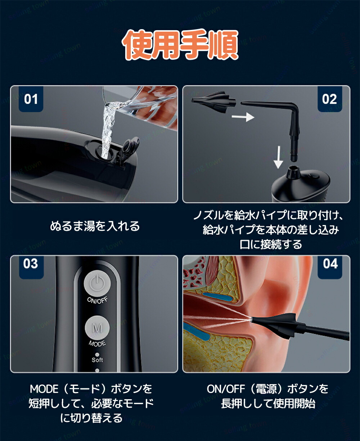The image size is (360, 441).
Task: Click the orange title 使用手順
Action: pyautogui.click(x=180, y=45)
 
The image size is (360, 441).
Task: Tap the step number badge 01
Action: pyautogui.click(x=31, y=99)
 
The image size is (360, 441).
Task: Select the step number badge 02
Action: pyautogui.click(x=329, y=99)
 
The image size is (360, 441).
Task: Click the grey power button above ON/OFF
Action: pyautogui.click(x=98, y=284)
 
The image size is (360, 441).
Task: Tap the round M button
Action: pyautogui.click(x=97, y=328)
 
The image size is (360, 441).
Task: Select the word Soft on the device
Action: pyautogui.click(x=97, y=360)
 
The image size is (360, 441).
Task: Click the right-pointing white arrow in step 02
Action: pyautogui.click(x=243, y=117)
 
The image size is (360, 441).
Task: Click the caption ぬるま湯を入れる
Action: pyautogui.click(x=95, y=226)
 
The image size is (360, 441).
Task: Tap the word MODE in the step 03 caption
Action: pyautogui.click(x=44, y=389)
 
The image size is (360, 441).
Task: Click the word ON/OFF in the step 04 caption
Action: pyautogui.click(x=226, y=389)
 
